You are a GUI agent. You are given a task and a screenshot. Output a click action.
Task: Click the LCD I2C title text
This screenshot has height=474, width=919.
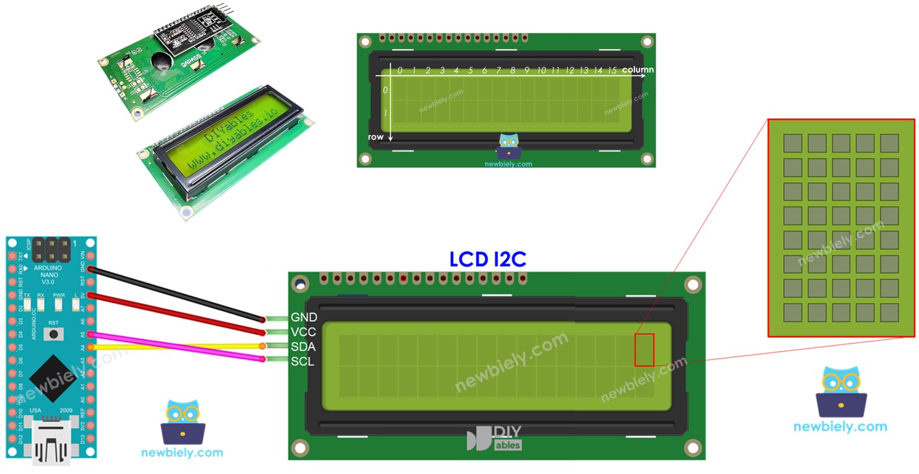[488, 259]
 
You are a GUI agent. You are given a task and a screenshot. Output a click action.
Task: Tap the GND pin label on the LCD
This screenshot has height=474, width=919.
[303, 317]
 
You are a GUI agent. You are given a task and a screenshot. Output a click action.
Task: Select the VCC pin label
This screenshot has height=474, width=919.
[303, 332]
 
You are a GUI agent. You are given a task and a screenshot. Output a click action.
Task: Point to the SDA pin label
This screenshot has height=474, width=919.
[303, 347]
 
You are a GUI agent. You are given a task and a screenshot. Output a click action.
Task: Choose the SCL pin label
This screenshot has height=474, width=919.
[303, 362]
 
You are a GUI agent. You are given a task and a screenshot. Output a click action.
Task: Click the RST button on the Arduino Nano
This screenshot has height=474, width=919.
[54, 334]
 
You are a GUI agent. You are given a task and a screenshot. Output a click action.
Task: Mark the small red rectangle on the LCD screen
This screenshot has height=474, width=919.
[644, 350]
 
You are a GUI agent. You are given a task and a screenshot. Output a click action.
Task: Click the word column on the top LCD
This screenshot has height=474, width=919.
[638, 70]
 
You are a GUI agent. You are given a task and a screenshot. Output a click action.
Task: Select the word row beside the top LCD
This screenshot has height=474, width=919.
[376, 136]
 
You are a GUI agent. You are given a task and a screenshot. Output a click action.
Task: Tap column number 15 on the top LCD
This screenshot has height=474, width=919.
[612, 71]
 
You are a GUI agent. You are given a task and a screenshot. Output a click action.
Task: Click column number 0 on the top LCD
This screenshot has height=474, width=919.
[400, 71]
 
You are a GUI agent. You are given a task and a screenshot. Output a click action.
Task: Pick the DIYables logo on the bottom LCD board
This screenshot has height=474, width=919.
[495, 437]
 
